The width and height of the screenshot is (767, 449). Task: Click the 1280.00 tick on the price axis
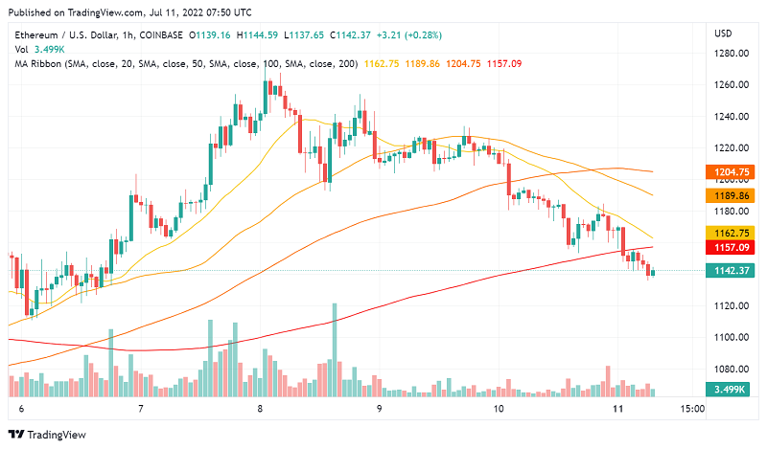[x=730, y=53]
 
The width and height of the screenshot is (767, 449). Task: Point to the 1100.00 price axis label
[x=730, y=337]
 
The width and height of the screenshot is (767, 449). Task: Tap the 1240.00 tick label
[x=730, y=116]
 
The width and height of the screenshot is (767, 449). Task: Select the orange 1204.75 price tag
[x=731, y=173]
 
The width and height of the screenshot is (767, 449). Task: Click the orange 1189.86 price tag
[x=731, y=194]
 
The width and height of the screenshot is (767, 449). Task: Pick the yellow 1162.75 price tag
[x=731, y=233]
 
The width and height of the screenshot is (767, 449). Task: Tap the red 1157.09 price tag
[x=731, y=248]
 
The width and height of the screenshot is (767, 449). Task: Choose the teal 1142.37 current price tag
[x=731, y=271]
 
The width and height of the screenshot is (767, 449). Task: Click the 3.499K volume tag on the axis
[x=731, y=390]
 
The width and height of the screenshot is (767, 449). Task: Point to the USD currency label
[x=723, y=34]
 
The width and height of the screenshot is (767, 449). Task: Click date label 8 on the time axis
[x=260, y=408]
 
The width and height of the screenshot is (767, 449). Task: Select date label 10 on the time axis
[x=499, y=408]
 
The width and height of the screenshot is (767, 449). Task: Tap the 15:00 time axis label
[x=692, y=408]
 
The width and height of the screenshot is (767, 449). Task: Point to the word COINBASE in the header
[x=159, y=34]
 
